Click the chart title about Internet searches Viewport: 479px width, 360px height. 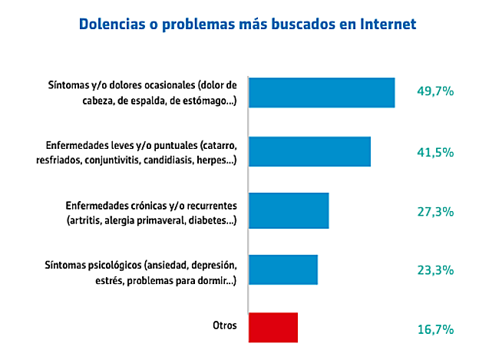click(x=247, y=24)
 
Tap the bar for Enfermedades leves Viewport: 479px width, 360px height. click(x=310, y=151)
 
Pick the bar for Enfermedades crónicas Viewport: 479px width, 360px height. click(x=289, y=210)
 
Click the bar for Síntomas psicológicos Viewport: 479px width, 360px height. click(x=284, y=269)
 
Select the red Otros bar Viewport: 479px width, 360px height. click(x=273, y=326)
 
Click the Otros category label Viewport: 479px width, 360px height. click(x=224, y=325)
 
